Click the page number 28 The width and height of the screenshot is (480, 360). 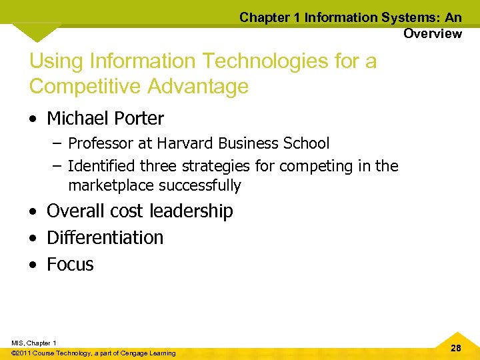[456, 347]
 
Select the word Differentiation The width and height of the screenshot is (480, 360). [105, 237]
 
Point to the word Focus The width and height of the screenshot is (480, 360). [70, 264]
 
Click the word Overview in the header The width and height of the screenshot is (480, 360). [432, 33]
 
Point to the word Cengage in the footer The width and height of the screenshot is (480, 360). [131, 353]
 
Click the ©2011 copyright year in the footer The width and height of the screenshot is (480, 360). [22, 353]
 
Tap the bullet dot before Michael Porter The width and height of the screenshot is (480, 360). [34, 119]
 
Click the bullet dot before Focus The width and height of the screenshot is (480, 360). [34, 265]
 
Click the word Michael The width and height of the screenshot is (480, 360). [73, 119]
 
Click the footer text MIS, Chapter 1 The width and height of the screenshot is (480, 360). [33, 343]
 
